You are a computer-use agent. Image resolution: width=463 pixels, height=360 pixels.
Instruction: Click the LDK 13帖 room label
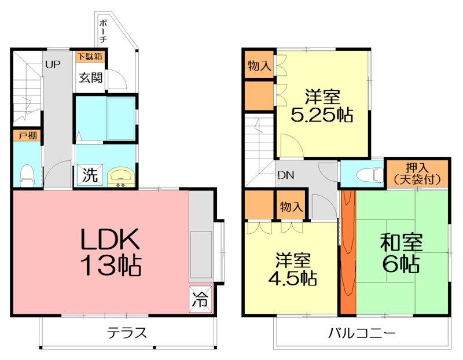[x=110, y=252]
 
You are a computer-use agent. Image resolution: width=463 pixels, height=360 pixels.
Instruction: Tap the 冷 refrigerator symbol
[x=200, y=299]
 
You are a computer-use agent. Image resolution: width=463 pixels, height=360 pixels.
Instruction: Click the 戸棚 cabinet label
[x=27, y=137]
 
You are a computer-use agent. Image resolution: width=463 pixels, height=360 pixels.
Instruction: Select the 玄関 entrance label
[x=91, y=78]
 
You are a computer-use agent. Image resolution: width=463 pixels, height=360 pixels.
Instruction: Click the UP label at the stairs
[x=53, y=65]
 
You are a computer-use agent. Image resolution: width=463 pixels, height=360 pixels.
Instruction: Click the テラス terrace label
[x=127, y=333]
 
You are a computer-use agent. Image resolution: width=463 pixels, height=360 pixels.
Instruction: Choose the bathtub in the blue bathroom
[x=120, y=118]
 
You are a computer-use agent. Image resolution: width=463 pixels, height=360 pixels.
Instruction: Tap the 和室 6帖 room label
[x=401, y=254]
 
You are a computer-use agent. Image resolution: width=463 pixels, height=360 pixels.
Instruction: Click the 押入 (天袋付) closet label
[x=417, y=173]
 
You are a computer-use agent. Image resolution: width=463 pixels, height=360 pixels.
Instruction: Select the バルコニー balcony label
[x=361, y=333]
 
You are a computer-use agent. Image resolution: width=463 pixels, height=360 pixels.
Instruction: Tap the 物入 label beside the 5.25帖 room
[x=259, y=65]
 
